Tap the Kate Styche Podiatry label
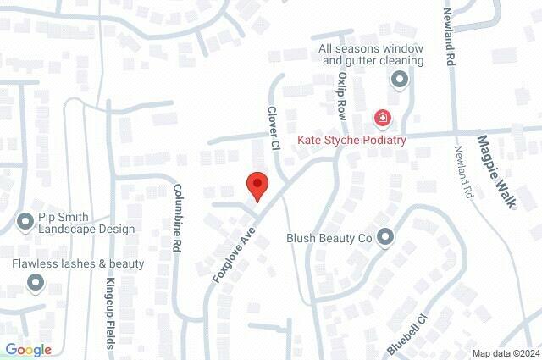point(351,140)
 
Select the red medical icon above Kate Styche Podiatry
point(383,118)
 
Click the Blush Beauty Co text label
point(329,239)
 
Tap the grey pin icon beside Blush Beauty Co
point(386,238)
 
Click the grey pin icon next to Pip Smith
point(25,223)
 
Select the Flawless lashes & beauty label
point(78,264)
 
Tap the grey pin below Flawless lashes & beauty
point(36,283)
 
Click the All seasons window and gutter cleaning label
point(371,55)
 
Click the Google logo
point(28,349)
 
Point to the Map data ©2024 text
point(505,353)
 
